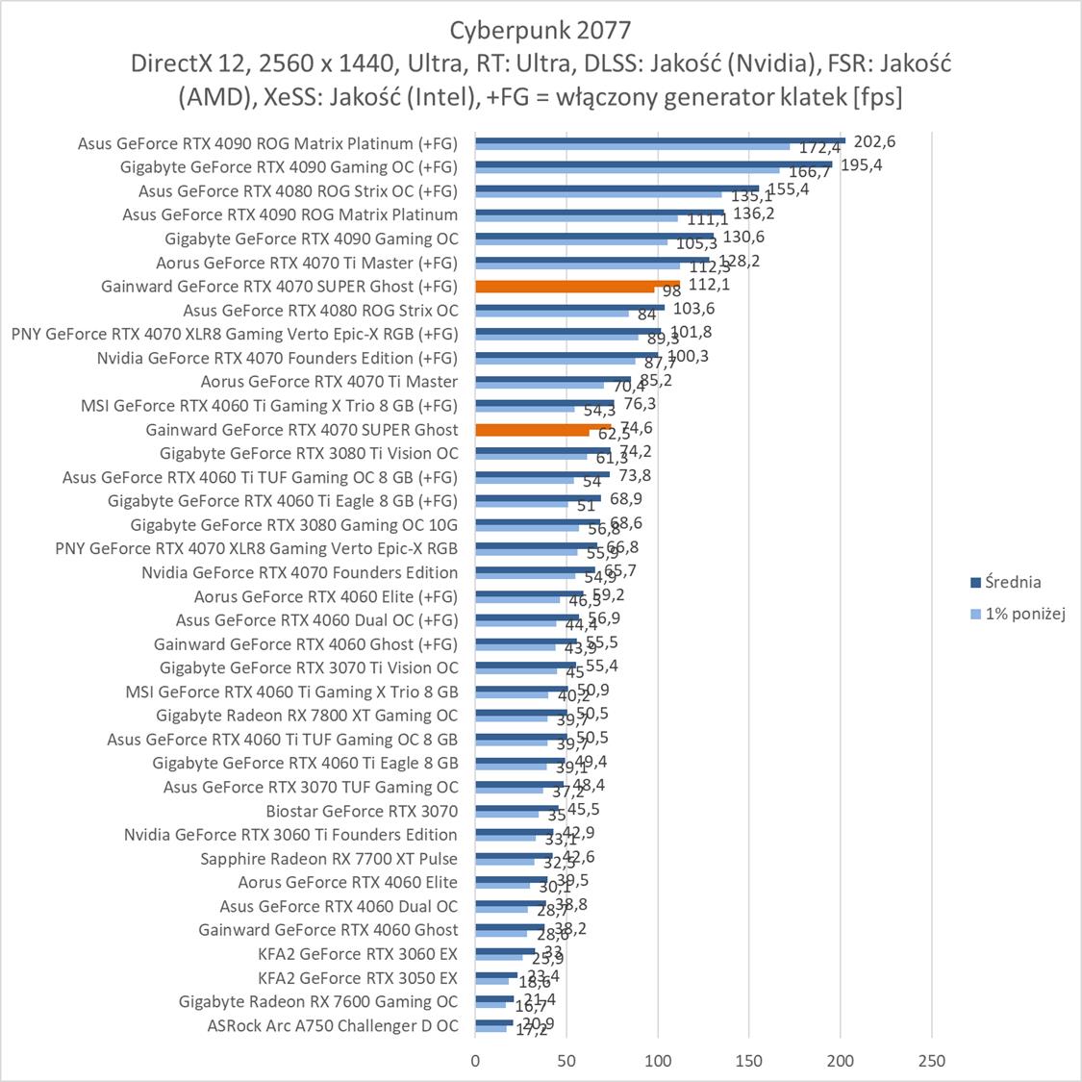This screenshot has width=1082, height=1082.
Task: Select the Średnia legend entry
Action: pos(1009,582)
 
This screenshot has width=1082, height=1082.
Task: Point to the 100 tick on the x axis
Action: pos(658,1061)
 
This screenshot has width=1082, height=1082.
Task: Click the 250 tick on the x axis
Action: pos(932,1061)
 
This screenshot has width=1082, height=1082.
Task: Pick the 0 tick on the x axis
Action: pos(475,1061)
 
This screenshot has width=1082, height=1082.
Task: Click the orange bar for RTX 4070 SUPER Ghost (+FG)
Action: pos(577,285)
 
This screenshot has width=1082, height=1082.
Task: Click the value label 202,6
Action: pos(874,141)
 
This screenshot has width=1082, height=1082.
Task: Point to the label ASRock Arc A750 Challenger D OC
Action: pos(333,1025)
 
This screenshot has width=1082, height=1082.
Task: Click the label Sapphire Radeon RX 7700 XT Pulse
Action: pos(329,858)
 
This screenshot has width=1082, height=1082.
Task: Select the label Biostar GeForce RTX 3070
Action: pos(362,811)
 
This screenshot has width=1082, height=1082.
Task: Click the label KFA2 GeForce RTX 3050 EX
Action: pos(358,977)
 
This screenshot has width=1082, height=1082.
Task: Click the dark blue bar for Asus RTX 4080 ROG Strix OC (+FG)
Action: pos(616,188)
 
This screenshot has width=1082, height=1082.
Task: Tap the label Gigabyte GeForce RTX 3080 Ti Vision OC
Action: pos(309,453)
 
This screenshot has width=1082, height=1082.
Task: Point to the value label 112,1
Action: pos(709,285)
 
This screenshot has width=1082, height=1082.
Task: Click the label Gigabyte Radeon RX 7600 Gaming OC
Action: pos(318,1001)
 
